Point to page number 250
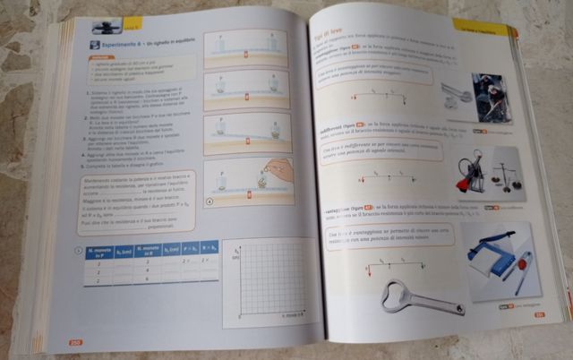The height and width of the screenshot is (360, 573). click(x=74, y=341)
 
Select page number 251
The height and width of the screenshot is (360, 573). click(x=541, y=313)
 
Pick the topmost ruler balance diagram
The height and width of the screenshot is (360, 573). click(x=244, y=47)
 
